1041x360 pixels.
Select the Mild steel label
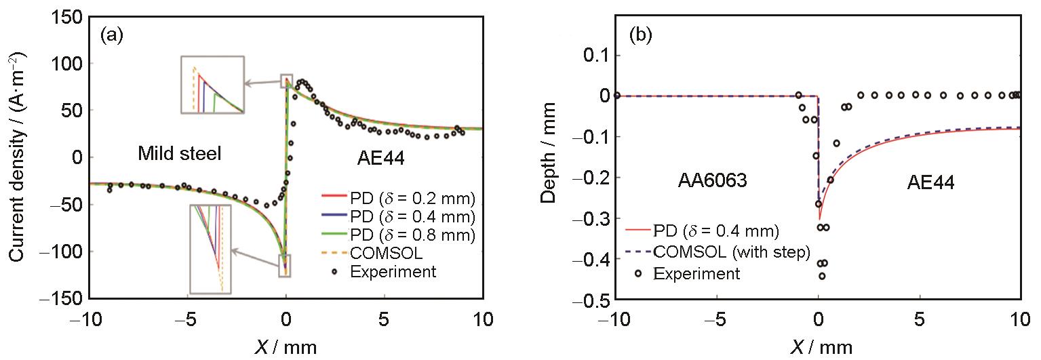click(x=179, y=155)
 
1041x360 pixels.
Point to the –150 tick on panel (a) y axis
click(x=65, y=298)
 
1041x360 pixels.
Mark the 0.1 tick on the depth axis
click(x=594, y=55)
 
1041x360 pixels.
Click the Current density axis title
click(x=18, y=159)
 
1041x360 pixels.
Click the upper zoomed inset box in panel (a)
click(x=212, y=85)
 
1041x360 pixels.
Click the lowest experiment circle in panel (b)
click(x=822, y=276)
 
